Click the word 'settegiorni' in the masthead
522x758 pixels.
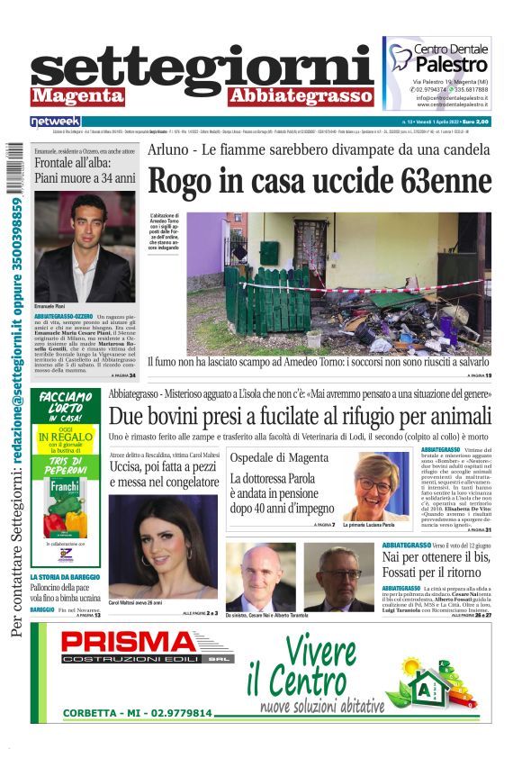(x=202, y=68)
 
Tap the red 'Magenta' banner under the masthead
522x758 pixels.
(x=77, y=96)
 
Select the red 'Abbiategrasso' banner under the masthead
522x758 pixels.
(x=301, y=96)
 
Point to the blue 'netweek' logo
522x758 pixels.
(x=55, y=122)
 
